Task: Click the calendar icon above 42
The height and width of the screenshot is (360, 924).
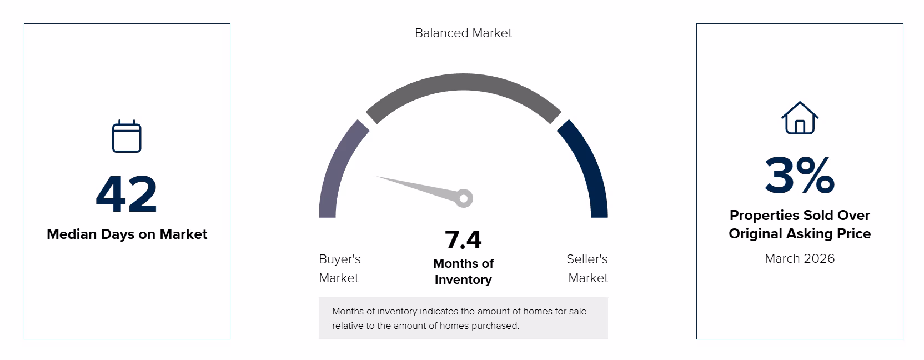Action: pyautogui.click(x=127, y=136)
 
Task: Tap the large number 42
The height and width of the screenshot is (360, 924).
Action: pyautogui.click(x=126, y=194)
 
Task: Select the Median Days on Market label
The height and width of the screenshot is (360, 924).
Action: pyautogui.click(x=127, y=234)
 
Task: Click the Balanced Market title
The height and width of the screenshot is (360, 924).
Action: pyautogui.click(x=463, y=33)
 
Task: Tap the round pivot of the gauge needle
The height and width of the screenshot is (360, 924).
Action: pyautogui.click(x=464, y=198)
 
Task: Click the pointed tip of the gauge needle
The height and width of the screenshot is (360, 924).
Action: pyautogui.click(x=377, y=177)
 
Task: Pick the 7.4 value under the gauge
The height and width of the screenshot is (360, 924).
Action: pyautogui.click(x=463, y=240)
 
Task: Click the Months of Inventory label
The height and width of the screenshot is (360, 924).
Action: pyautogui.click(x=463, y=271)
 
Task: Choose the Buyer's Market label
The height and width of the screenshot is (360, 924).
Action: pyautogui.click(x=339, y=268)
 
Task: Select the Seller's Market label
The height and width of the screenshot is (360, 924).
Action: pyautogui.click(x=587, y=268)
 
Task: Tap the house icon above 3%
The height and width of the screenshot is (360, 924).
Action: pyautogui.click(x=800, y=118)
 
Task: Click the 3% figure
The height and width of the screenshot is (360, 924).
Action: pyautogui.click(x=800, y=176)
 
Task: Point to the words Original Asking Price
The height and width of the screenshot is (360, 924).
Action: pyautogui.click(x=800, y=234)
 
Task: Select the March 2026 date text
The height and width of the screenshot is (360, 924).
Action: pyautogui.click(x=800, y=258)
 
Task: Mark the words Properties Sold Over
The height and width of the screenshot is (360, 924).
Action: pyautogui.click(x=800, y=215)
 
